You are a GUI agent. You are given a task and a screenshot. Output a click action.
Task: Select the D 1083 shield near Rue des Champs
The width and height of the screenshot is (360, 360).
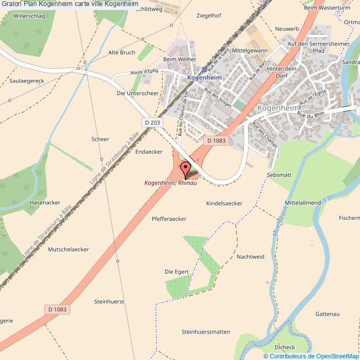pos(217,141)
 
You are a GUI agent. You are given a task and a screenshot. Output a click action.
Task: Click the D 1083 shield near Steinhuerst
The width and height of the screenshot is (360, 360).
pos(57,310)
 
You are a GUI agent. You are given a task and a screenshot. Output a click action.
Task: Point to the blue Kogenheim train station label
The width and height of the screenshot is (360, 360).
pos(204,78)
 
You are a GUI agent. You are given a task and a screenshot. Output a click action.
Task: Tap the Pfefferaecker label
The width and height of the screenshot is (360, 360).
pos(169,219)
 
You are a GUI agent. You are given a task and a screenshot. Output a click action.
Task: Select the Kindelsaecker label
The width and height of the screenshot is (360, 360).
pos(224,203)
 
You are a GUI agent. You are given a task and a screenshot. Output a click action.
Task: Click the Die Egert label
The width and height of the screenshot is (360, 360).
pos(177,271)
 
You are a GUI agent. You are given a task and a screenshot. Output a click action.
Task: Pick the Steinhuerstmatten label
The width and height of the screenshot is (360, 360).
pos(205,332)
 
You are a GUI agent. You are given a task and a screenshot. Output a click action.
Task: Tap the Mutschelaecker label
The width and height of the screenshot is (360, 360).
pos(69,249)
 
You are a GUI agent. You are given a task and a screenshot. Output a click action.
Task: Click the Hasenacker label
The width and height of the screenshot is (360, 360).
pos(45,202)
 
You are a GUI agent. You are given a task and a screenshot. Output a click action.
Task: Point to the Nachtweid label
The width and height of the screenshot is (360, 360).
pos(250,256)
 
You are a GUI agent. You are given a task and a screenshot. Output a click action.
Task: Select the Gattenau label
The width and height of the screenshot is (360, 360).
pos(327,314)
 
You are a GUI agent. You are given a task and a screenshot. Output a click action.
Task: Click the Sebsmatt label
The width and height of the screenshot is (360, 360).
pos(279,174)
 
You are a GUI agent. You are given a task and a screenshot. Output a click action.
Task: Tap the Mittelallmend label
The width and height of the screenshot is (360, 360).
pos(302,203)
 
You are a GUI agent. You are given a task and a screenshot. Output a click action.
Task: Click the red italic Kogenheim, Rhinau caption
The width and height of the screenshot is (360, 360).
pos(171,183)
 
